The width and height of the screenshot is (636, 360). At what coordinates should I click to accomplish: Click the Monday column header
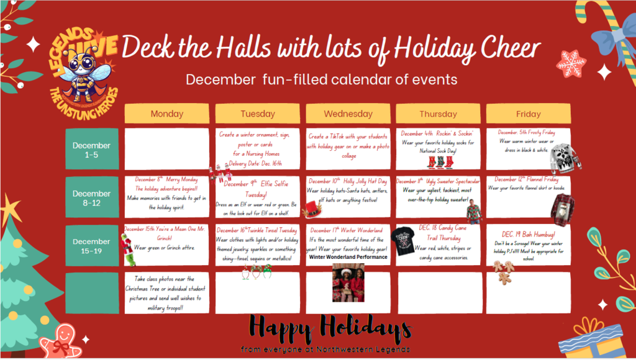pos(167,114)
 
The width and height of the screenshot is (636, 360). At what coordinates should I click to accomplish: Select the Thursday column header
pos(438,114)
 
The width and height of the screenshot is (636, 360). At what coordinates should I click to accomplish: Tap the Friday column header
pos(528,114)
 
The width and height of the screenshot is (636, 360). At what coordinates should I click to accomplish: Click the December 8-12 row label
pos(91,197)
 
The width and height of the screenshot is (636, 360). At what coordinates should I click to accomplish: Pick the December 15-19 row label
pos(91,245)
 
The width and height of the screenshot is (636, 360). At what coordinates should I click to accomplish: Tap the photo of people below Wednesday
pos(348,282)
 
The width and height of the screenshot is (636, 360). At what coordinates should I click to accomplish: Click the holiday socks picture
pos(440,161)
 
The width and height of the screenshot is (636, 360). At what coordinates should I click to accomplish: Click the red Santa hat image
pos(312,210)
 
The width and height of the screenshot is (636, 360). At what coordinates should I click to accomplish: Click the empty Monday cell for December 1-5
pos(167,148)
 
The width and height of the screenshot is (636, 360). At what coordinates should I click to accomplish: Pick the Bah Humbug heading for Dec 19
pos(528,234)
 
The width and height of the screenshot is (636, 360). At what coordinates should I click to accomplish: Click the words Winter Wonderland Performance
pos(348,257)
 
